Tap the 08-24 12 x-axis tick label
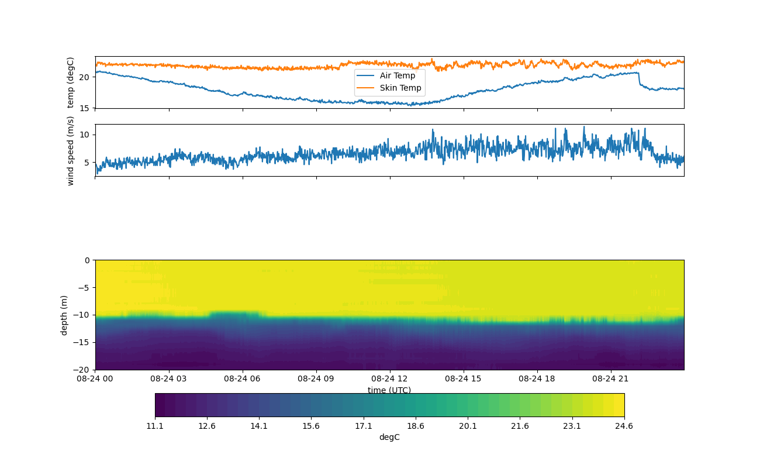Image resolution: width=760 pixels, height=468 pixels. click(x=390, y=378)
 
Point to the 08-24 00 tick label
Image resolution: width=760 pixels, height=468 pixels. click(x=95, y=378)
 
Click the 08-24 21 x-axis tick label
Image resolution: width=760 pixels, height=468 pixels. click(x=611, y=378)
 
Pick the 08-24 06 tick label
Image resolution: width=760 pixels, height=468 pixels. click(x=243, y=378)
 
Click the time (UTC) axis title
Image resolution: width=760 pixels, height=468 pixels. click(x=389, y=390)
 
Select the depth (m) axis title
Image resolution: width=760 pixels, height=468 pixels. click(x=64, y=315)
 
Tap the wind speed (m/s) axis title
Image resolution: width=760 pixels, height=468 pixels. click(x=71, y=150)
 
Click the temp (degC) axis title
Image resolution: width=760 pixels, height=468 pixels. click(x=71, y=82)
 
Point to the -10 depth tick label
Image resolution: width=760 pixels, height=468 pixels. click(x=82, y=315)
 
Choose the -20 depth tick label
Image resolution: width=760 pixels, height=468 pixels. click(x=82, y=370)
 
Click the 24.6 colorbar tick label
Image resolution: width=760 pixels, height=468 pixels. click(x=624, y=426)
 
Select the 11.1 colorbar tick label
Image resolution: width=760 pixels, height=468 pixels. click(x=155, y=426)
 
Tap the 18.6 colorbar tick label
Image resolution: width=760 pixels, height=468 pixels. click(x=416, y=426)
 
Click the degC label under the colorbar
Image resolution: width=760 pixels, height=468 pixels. click(x=389, y=437)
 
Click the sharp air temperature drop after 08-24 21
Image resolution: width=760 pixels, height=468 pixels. click(x=639, y=80)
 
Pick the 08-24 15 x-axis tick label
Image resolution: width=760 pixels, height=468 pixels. click(x=464, y=378)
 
